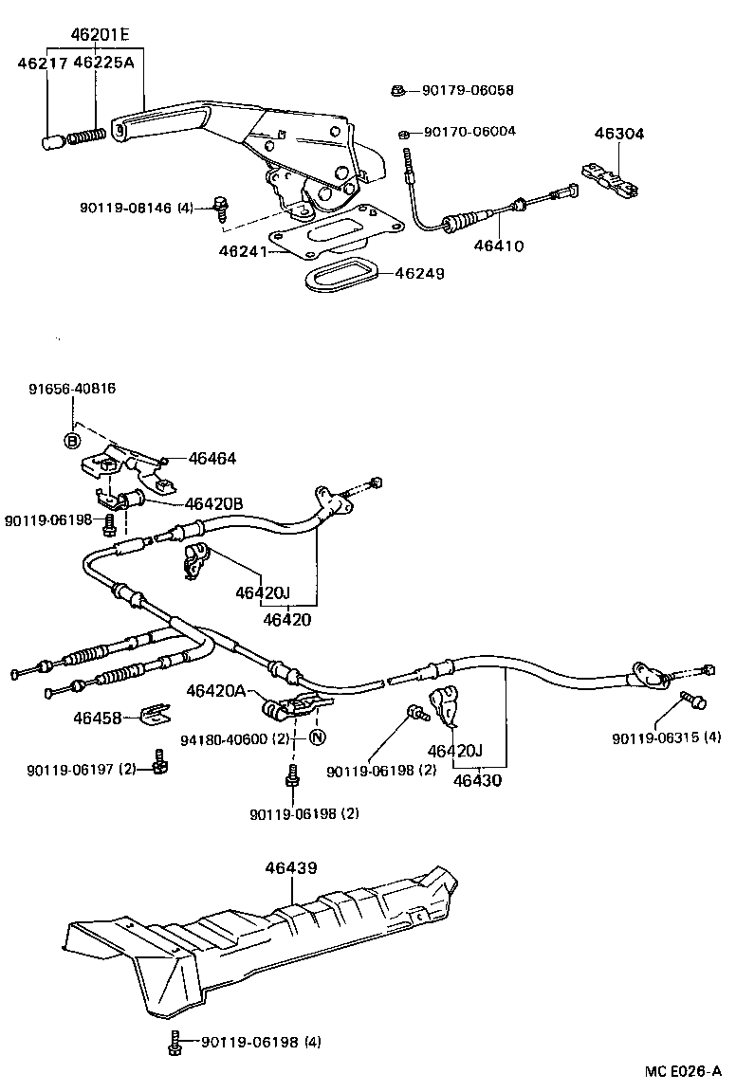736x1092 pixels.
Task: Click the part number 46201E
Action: [99, 36]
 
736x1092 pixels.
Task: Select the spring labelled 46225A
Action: [88, 136]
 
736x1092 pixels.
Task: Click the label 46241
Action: [241, 251]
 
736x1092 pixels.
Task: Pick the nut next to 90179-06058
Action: [398, 91]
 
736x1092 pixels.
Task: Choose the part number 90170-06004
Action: [469, 131]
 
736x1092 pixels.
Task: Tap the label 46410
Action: [499, 246]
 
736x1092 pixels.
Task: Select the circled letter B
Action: [71, 439]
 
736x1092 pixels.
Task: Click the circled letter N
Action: [317, 737]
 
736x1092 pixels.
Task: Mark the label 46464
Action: [212, 459]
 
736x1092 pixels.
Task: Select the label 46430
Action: [477, 782]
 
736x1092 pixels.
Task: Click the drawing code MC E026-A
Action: [683, 1071]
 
